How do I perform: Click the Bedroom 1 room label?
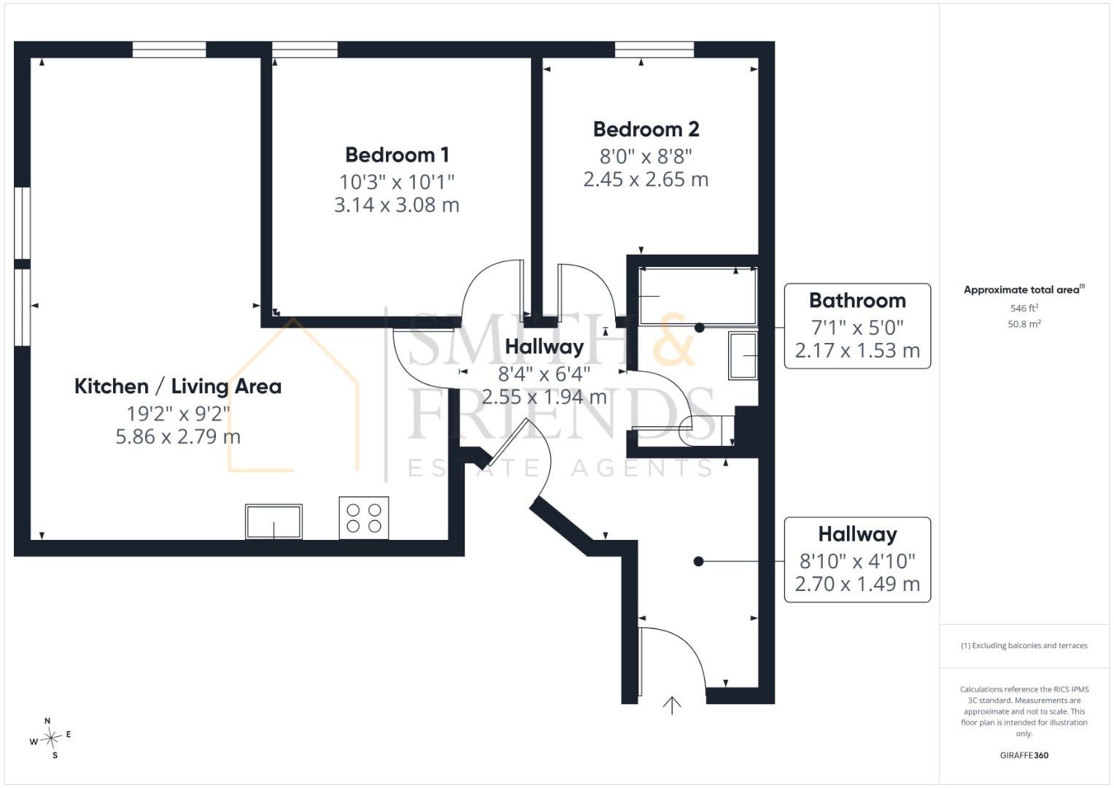click(397, 155)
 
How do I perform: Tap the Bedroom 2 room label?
click(646, 129)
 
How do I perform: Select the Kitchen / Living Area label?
click(177, 387)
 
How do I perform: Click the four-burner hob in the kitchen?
click(363, 518)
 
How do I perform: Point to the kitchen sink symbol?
click(274, 522)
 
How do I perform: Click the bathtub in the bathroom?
click(697, 296)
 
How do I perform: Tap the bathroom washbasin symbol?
click(743, 356)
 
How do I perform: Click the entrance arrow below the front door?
click(672, 706)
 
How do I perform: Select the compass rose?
click(51, 738)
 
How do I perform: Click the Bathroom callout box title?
click(857, 301)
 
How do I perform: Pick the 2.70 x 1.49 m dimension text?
click(857, 584)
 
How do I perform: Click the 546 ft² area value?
click(1024, 308)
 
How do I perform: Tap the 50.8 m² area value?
click(1024, 324)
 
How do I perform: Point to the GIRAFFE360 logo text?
click(1024, 755)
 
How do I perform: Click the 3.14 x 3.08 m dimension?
click(396, 205)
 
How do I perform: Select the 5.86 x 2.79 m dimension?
click(177, 437)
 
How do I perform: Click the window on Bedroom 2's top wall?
click(654, 50)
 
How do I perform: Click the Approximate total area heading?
click(1024, 290)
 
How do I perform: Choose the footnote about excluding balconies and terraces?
click(1024, 646)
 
